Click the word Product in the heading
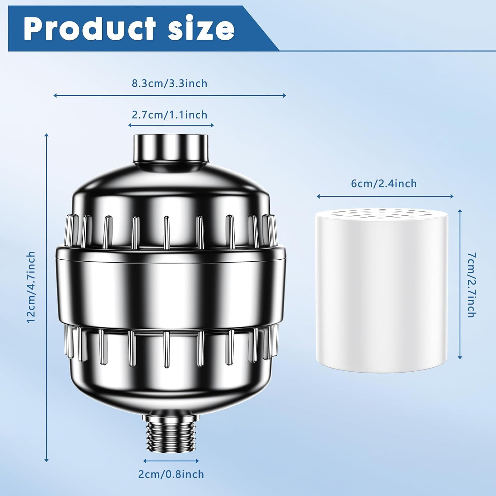89,29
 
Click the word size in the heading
201,29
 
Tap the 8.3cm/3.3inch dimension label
169,83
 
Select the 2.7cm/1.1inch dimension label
169,115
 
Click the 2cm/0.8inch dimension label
171,474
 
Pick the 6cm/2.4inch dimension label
384,184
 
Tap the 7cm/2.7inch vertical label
472,285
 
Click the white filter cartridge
382,298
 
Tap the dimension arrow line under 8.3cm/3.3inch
169,96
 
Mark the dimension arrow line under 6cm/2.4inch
385,196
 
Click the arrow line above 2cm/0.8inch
171,461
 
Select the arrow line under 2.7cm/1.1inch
171,125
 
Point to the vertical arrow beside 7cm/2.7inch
460,284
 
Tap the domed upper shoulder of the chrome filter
171,192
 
